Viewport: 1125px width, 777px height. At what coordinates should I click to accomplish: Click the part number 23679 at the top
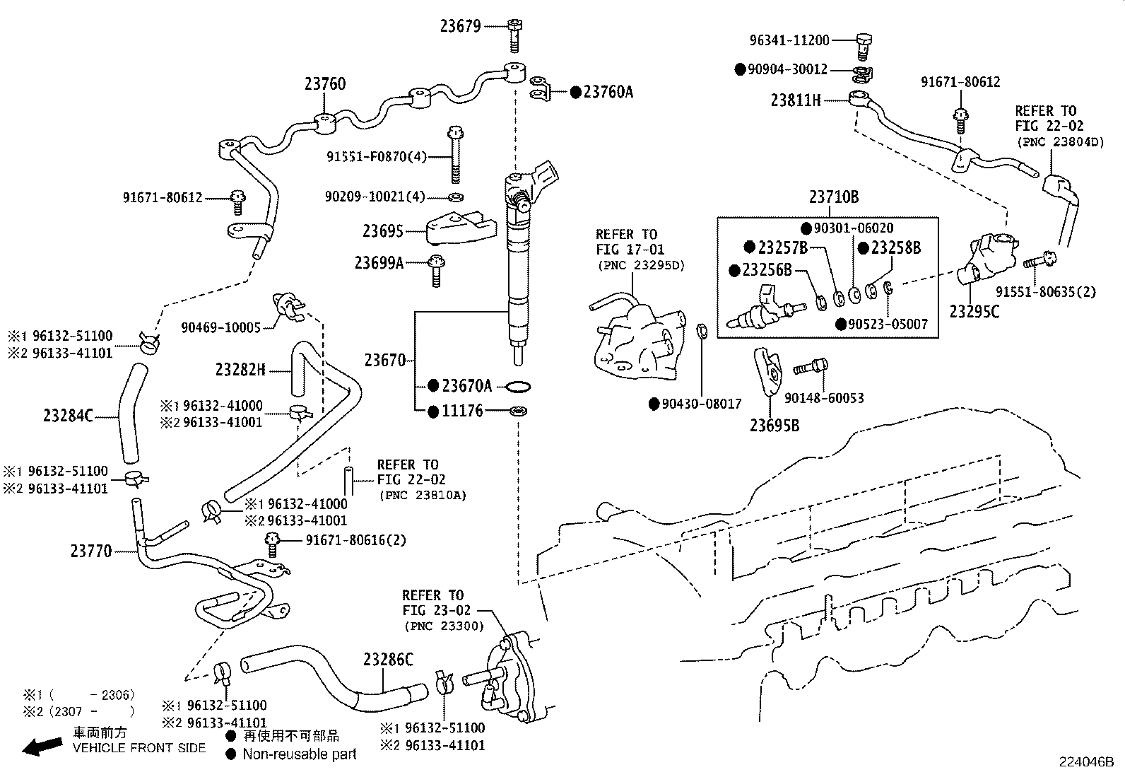(x=461, y=26)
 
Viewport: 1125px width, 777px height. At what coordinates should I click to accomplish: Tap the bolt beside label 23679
(x=514, y=35)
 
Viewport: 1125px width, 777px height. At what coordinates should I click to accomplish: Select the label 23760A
(x=608, y=93)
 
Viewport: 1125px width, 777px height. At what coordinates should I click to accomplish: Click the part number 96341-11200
(x=789, y=40)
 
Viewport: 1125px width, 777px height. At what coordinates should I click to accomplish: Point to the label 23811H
(x=796, y=100)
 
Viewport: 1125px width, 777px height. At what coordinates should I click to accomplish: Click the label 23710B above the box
(x=834, y=197)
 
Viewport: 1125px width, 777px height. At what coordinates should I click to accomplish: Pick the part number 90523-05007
(x=888, y=325)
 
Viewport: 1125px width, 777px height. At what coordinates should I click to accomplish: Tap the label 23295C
(x=974, y=312)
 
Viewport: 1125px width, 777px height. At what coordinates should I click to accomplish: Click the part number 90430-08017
(x=702, y=404)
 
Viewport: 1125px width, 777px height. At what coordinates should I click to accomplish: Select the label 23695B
(x=774, y=426)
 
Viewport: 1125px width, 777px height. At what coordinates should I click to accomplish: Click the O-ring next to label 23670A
(x=518, y=387)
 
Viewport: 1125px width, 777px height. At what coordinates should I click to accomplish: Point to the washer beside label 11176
(x=518, y=411)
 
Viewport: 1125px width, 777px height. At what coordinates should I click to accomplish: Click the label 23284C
(x=69, y=416)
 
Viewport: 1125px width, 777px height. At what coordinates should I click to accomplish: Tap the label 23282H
(x=240, y=370)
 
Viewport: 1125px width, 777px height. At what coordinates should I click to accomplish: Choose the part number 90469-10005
(x=221, y=327)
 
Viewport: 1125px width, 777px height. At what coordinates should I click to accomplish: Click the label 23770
(x=91, y=551)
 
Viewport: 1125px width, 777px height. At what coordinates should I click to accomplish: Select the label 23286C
(x=388, y=660)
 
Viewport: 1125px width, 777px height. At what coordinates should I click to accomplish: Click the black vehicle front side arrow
(x=42, y=747)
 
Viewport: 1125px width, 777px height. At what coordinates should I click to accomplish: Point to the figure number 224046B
(x=1086, y=762)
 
